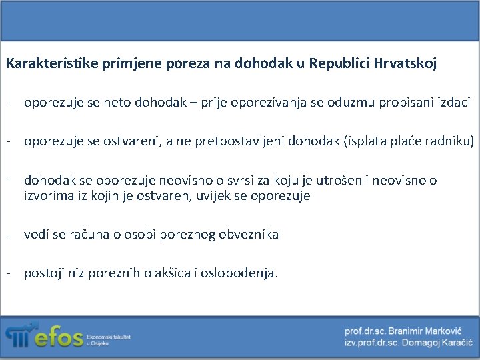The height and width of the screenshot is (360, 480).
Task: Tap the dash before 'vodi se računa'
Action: [10, 234]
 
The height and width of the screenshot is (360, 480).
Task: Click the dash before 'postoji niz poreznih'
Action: [10, 273]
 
